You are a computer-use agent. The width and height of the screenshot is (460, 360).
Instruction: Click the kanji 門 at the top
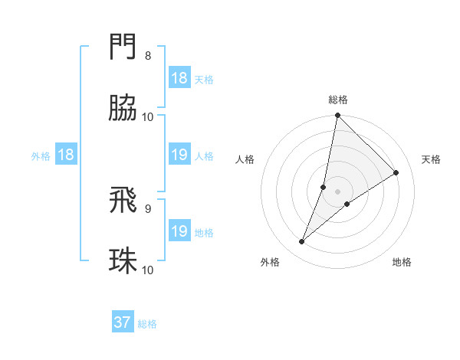123,47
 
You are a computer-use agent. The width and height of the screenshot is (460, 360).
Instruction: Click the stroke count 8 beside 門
148,56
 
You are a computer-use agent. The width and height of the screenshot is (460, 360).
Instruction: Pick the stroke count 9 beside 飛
148,208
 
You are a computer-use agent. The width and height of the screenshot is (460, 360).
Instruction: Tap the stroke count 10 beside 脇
148,116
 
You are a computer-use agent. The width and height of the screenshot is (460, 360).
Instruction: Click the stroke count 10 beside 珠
148,270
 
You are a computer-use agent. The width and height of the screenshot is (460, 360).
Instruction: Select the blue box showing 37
123,322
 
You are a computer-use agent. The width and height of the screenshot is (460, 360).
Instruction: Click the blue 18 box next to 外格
66,155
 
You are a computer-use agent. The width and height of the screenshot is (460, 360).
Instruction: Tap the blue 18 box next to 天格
179,78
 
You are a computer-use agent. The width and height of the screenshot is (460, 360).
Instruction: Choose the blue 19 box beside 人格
179,155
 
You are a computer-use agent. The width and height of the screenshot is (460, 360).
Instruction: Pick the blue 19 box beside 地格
179,231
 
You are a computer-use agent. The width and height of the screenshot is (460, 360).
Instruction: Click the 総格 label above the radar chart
338,100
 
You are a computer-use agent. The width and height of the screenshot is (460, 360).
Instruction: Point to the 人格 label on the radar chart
245,159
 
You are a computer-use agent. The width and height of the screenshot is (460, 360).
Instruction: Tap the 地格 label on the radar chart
402,262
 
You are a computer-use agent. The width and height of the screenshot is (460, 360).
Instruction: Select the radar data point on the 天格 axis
396,172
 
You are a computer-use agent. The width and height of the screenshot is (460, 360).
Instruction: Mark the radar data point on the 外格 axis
302,242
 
